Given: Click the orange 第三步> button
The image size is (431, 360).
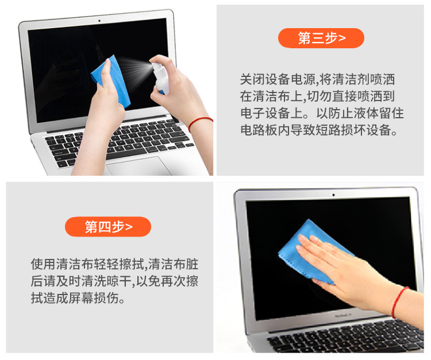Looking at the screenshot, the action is tap(321, 38).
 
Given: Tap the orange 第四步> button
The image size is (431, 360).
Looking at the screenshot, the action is tap(108, 227).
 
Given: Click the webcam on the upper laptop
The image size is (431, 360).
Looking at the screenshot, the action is tap(99, 21).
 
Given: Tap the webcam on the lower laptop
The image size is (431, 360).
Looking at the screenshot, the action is tap(333, 195).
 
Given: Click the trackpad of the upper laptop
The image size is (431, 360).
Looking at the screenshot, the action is tap(139, 167).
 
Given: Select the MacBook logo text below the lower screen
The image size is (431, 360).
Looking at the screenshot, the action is tap(343, 315).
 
